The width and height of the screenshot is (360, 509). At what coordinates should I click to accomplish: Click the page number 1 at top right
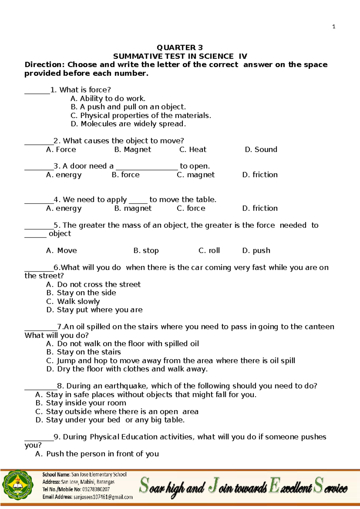pyautogui.click(x=334, y=27)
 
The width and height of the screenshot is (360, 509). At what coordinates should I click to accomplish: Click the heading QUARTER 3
pyautogui.click(x=180, y=47)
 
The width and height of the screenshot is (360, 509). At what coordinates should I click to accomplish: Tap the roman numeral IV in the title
pyautogui.click(x=243, y=56)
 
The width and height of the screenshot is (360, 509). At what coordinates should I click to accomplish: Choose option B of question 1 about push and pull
pyautogui.click(x=128, y=107)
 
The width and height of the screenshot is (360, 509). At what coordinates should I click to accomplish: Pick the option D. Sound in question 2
pyautogui.click(x=261, y=149)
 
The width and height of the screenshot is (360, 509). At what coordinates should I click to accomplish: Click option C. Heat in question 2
pyautogui.click(x=193, y=149)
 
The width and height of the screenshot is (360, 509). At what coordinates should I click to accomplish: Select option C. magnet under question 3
pyautogui.click(x=195, y=175)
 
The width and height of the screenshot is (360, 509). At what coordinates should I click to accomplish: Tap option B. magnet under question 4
pyautogui.click(x=133, y=208)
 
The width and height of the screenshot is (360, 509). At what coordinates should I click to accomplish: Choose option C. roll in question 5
pyautogui.click(x=209, y=250)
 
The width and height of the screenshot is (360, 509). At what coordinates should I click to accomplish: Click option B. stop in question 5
pyautogui.click(x=146, y=250)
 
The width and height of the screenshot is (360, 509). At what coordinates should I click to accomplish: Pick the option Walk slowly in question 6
pyautogui.click(x=73, y=301)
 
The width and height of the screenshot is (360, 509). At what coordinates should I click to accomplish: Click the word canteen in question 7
pyautogui.click(x=319, y=327)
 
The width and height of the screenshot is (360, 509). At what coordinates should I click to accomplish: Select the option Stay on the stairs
pyautogui.click(x=83, y=352)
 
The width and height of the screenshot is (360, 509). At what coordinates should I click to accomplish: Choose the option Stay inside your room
pyautogui.click(x=80, y=403)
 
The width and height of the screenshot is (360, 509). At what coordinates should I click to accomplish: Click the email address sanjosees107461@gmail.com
pyautogui.click(x=103, y=497)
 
